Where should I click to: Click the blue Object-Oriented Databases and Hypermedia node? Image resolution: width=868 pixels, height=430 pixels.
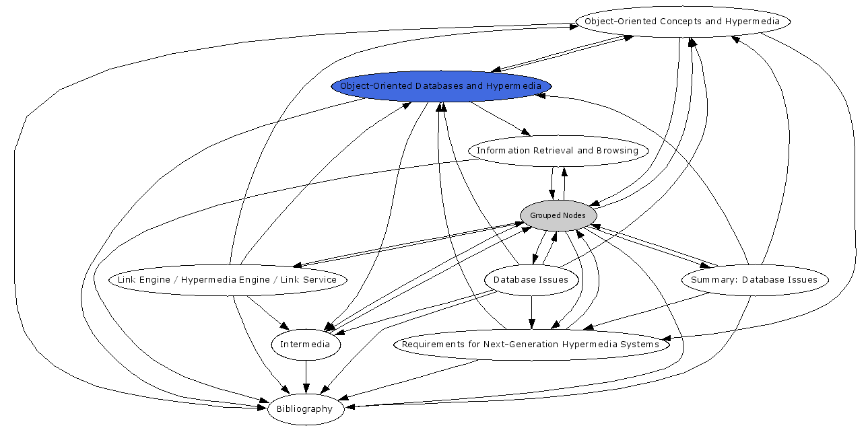click(x=440, y=86)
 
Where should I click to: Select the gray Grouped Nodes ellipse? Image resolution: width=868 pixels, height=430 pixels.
click(x=558, y=215)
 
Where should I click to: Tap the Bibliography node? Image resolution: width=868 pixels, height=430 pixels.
click(x=305, y=409)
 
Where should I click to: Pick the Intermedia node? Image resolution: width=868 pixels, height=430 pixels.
click(x=305, y=345)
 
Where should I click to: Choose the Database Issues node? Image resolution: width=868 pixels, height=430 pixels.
click(x=531, y=280)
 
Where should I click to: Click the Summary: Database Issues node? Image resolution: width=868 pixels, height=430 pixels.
click(x=754, y=280)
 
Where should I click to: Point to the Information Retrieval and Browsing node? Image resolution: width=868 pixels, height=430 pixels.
click(x=558, y=151)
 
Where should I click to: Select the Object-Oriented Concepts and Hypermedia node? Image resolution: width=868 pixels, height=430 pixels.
click(x=681, y=22)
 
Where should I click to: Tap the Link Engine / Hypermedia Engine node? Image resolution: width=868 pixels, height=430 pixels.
click(x=227, y=280)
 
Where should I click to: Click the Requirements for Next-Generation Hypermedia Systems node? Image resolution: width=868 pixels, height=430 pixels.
click(x=531, y=345)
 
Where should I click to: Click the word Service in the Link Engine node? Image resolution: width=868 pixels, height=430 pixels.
click(x=320, y=280)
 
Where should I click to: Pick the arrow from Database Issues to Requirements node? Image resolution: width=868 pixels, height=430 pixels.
click(x=532, y=313)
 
